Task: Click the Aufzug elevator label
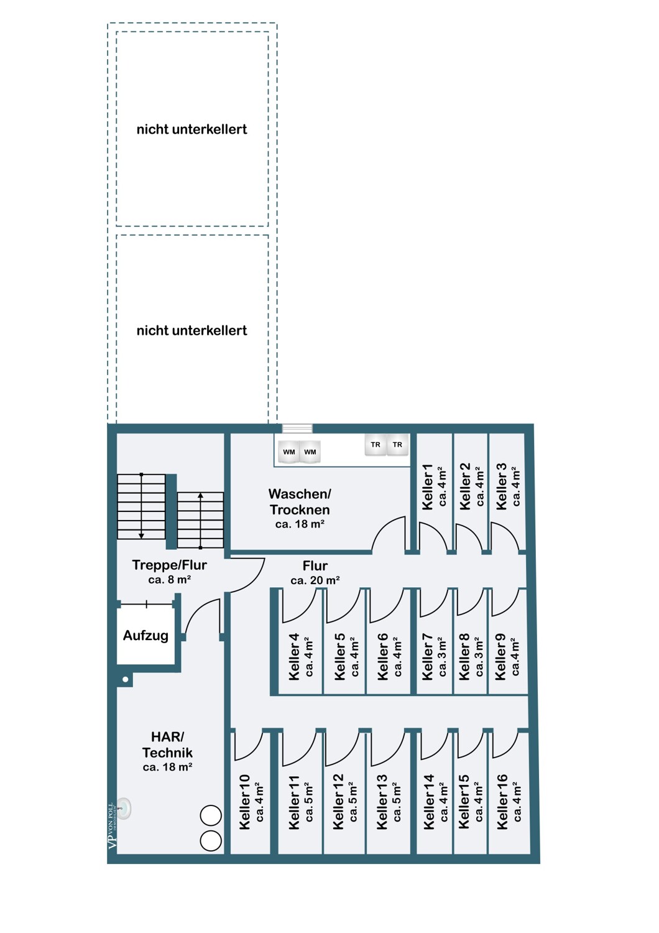[145, 636]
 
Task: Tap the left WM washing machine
[289, 452]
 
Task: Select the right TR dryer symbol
[397, 445]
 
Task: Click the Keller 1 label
[428, 487]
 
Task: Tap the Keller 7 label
[428, 657]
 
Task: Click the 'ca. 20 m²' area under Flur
[315, 580]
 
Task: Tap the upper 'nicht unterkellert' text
[192, 129]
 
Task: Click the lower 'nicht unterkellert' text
[192, 331]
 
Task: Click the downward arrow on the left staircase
[142, 506]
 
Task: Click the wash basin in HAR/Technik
[124, 809]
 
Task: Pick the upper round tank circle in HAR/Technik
[211, 815]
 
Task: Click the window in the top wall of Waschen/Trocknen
[297, 429]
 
